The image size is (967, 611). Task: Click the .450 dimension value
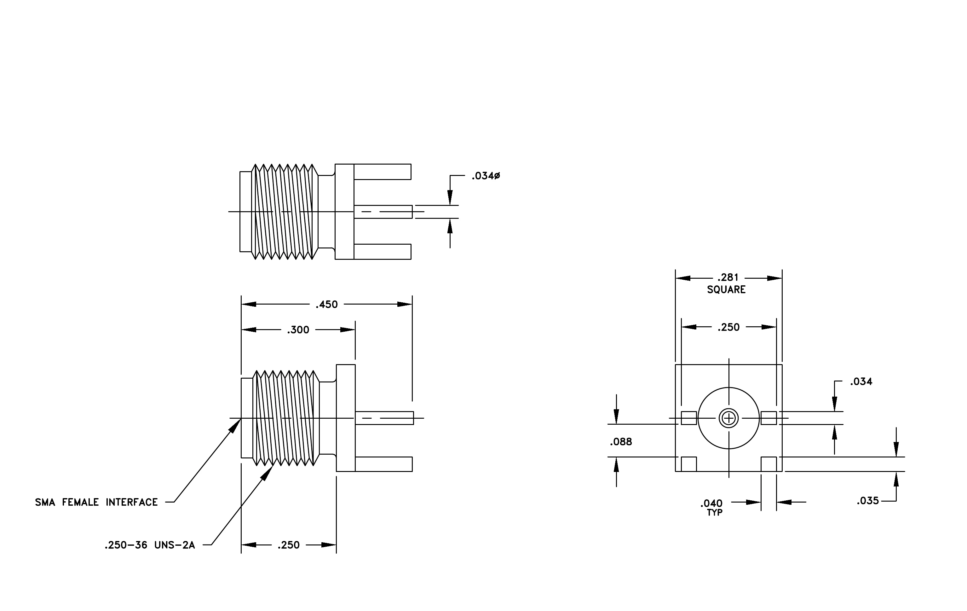click(x=326, y=305)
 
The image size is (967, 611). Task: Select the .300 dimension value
click(x=298, y=330)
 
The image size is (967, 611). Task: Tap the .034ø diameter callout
click(x=486, y=176)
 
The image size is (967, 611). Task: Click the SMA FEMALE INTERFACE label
click(x=96, y=502)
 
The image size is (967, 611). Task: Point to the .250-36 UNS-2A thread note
click(x=150, y=545)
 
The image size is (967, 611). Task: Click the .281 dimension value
click(x=728, y=277)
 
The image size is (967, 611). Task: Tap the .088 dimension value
click(x=621, y=442)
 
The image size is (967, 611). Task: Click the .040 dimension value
click(x=711, y=503)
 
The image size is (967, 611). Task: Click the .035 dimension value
click(x=868, y=501)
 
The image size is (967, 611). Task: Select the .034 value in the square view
click(x=861, y=381)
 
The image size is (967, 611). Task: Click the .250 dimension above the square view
click(x=728, y=327)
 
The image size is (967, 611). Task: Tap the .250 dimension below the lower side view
click(x=288, y=545)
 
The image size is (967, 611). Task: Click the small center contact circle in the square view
click(x=728, y=418)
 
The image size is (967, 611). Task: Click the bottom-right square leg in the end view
click(x=768, y=464)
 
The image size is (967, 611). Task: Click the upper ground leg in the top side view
click(x=382, y=172)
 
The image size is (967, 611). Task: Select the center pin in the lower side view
click(x=384, y=418)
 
